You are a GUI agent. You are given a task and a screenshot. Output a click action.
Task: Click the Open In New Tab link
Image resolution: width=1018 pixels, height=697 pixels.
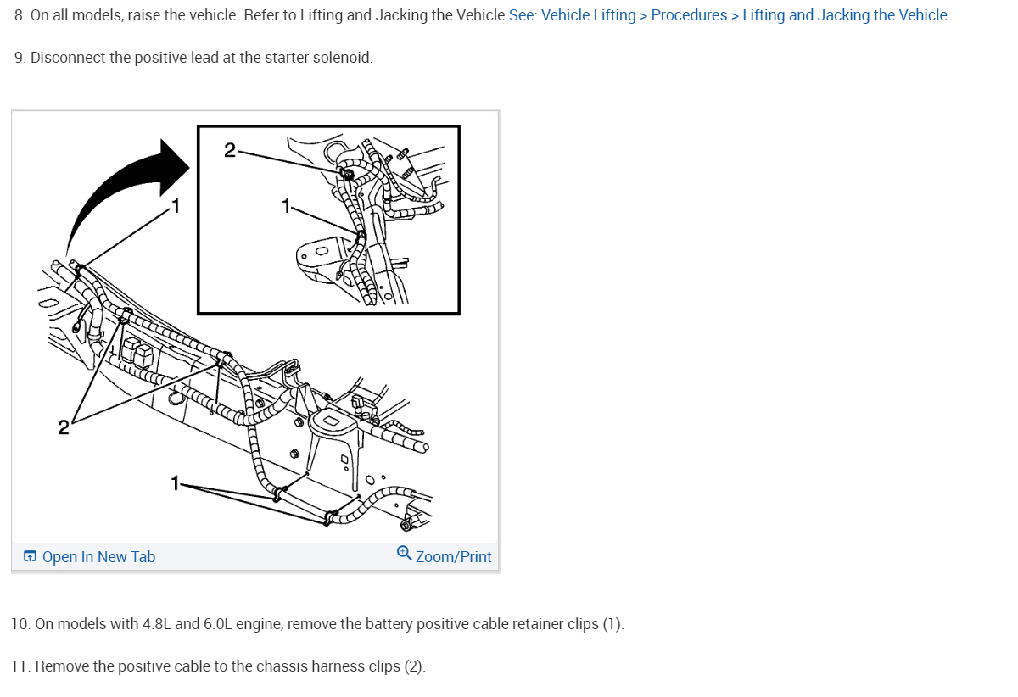(98, 557)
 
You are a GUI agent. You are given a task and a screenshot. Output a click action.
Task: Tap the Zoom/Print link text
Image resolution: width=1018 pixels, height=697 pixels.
(453, 557)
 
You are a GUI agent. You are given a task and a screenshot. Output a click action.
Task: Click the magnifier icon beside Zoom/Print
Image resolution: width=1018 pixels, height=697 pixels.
(405, 555)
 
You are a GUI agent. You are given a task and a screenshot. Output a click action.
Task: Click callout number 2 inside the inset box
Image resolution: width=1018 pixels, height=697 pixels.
(230, 151)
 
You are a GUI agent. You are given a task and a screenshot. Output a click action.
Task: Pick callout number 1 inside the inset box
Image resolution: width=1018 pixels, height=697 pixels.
(287, 206)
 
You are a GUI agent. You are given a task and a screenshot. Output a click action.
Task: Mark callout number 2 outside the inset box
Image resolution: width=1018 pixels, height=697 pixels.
(64, 427)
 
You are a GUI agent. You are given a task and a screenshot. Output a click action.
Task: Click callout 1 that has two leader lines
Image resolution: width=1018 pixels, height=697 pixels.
(176, 483)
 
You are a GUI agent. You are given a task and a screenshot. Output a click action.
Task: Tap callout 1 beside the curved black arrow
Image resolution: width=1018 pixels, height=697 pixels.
(176, 204)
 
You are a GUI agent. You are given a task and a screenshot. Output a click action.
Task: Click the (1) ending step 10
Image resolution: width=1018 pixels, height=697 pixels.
(612, 625)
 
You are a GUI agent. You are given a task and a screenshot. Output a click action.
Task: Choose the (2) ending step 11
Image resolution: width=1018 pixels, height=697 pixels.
(414, 666)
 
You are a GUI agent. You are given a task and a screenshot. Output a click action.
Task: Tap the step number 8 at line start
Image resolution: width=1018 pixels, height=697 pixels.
(19, 15)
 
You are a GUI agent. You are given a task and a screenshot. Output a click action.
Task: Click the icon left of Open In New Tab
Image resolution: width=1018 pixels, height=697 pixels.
(30, 557)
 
